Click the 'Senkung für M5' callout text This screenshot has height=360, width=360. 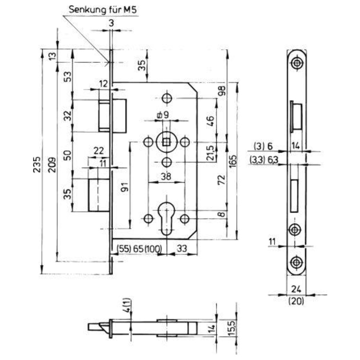[103, 10]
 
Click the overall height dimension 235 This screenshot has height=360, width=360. [37, 165]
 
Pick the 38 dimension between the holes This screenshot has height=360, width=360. [166, 176]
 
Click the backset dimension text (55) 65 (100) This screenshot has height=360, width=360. [139, 249]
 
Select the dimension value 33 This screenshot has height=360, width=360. [182, 249]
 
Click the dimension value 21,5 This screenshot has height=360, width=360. [211, 153]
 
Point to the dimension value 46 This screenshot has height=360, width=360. [211, 121]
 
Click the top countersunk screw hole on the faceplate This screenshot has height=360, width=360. [297, 63]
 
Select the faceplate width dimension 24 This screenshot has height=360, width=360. [296, 289]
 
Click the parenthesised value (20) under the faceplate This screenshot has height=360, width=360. [296, 301]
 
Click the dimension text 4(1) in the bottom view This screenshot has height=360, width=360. [128, 305]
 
